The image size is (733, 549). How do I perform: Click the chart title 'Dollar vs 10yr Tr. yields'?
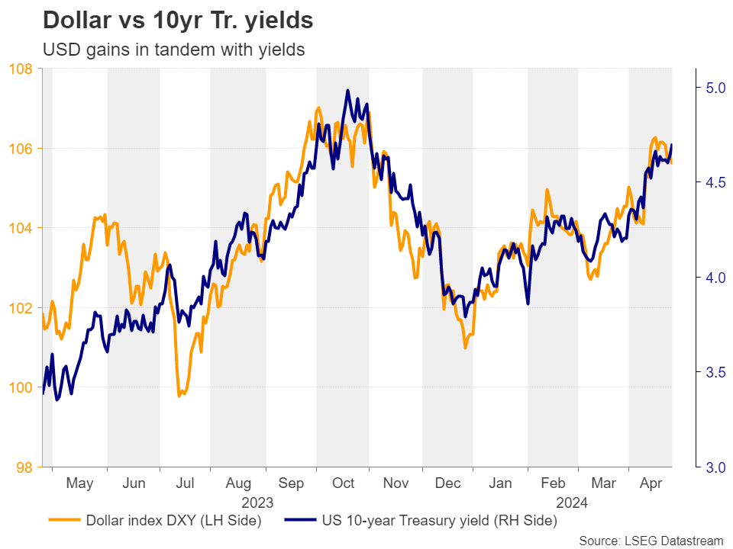[x=177, y=21]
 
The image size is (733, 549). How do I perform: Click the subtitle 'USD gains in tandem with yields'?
[x=174, y=50]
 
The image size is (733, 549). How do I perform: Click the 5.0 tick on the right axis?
[x=712, y=88]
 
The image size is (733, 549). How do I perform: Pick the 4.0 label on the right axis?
[x=712, y=278]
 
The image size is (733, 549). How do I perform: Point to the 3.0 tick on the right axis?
[x=712, y=467]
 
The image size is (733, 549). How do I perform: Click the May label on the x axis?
[x=79, y=483]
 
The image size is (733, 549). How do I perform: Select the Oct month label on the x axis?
[x=343, y=483]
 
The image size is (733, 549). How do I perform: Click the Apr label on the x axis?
[x=650, y=483]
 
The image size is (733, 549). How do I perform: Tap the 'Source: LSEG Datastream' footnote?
[x=651, y=541]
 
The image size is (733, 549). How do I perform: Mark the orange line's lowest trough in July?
[x=179, y=396]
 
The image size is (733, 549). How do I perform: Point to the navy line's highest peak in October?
[x=347, y=91]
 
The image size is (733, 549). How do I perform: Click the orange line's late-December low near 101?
[x=465, y=348]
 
